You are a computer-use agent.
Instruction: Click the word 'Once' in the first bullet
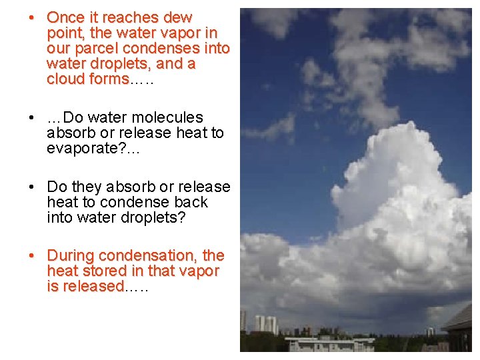[65, 17]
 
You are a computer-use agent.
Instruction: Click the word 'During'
[71, 255]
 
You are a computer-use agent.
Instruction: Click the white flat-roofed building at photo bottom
[331, 344]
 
